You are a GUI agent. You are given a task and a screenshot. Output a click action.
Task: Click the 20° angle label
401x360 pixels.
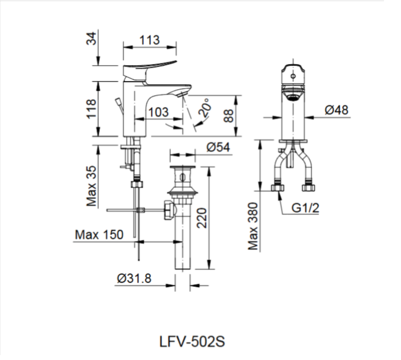pyautogui.click(x=204, y=108)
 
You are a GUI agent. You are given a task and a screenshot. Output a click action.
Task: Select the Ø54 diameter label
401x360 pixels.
pyautogui.click(x=218, y=146)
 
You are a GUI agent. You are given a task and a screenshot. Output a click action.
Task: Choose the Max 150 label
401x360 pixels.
pyautogui.click(x=99, y=234)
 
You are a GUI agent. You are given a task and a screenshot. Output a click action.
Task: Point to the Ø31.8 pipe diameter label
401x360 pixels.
pyautogui.click(x=134, y=278)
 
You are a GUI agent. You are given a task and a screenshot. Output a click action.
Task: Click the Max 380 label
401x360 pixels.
pyautogui.click(x=253, y=226)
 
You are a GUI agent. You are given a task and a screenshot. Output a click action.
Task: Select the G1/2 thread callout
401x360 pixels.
pyautogui.click(x=305, y=208)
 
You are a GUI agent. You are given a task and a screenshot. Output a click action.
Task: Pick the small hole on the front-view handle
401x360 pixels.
pyautogui.click(x=292, y=76)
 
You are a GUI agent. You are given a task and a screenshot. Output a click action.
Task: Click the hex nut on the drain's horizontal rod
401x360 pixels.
pyautogui.click(x=168, y=210)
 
